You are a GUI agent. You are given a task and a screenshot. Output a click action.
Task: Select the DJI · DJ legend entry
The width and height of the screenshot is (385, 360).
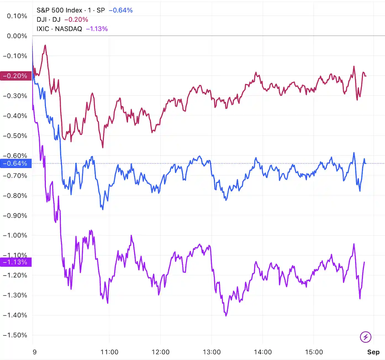pos(48,20)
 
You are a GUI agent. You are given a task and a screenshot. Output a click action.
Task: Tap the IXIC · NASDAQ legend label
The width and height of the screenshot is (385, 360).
pos(59,29)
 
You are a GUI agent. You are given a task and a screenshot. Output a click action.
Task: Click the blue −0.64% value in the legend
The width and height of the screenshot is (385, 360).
pos(121,10)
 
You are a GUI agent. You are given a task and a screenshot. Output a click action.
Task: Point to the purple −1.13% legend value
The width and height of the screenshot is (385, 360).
pos(97,29)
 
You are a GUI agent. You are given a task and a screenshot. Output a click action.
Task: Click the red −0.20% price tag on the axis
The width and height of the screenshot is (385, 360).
pos(16,76)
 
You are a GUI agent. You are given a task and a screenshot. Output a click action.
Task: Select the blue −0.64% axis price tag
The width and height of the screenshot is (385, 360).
pos(16,163)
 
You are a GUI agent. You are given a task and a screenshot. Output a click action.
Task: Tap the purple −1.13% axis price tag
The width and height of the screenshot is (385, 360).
pos(16,262)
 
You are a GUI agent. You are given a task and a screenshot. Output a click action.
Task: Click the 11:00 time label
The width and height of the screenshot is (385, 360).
pos(109,352)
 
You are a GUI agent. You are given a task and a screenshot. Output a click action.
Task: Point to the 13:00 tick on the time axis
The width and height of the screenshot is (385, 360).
pos(212,352)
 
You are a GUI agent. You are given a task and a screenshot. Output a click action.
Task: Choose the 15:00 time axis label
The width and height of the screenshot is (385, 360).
pos(314,352)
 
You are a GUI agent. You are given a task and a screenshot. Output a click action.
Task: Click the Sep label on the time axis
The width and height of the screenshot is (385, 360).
pos(373,352)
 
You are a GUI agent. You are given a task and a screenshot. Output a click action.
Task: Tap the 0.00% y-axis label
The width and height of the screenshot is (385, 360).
pos(17,36)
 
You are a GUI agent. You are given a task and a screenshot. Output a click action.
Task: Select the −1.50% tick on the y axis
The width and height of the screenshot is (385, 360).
pos(15,335)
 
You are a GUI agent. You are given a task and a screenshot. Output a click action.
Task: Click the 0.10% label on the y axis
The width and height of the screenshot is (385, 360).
pos(17,16)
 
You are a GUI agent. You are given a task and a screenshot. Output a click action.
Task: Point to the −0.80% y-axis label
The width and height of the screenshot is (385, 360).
pos(15,195)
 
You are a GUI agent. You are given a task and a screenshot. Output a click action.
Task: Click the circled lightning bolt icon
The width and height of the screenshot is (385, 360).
pos(366,337)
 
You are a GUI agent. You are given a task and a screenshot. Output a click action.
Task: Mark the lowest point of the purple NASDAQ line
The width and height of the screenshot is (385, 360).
pos(226,316)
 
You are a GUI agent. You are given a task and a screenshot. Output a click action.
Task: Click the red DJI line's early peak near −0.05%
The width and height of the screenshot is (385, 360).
pos(45,45)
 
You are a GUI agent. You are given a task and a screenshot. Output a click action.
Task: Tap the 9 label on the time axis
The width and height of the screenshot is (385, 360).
pos(35,352)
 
